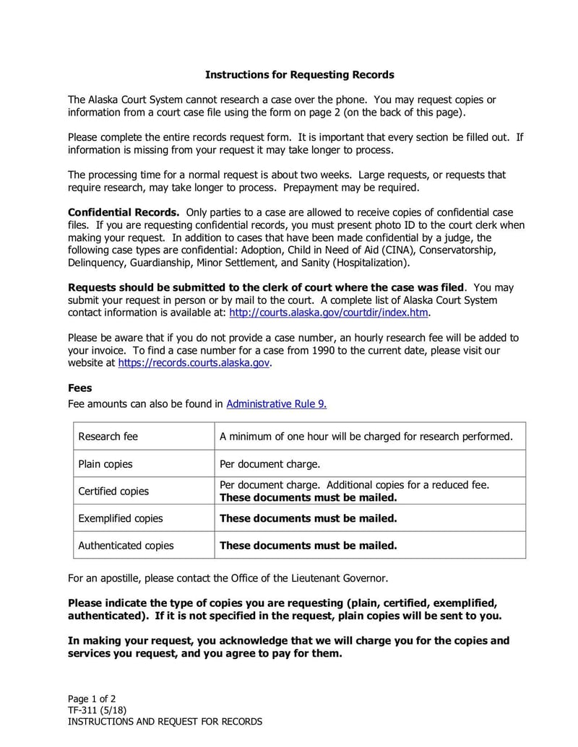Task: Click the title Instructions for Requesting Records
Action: (x=299, y=74)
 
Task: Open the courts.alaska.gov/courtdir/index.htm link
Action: (x=329, y=313)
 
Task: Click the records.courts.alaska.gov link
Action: (x=194, y=363)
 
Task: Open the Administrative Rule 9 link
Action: (x=276, y=404)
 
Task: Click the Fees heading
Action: (x=80, y=388)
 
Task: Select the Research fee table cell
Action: (x=108, y=436)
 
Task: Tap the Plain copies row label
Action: (x=105, y=464)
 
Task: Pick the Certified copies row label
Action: (x=113, y=491)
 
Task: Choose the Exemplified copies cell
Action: (x=121, y=518)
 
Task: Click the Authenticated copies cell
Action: (x=126, y=546)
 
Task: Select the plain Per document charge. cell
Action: (x=269, y=464)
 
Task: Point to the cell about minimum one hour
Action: (x=366, y=436)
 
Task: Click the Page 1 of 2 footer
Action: (x=92, y=698)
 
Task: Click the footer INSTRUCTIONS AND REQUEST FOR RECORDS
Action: (x=165, y=721)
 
